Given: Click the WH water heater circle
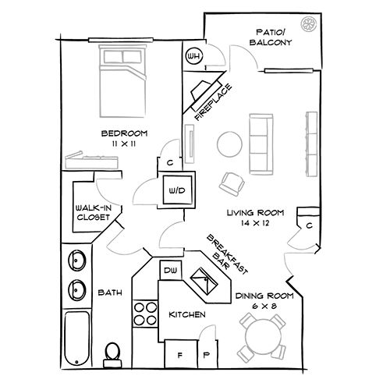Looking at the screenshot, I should (193, 56).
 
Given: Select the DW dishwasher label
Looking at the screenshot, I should (170, 270).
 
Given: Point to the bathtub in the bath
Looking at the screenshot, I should (76, 339).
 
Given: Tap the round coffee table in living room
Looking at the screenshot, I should (230, 144).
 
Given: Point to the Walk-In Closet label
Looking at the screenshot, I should (91, 213).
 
